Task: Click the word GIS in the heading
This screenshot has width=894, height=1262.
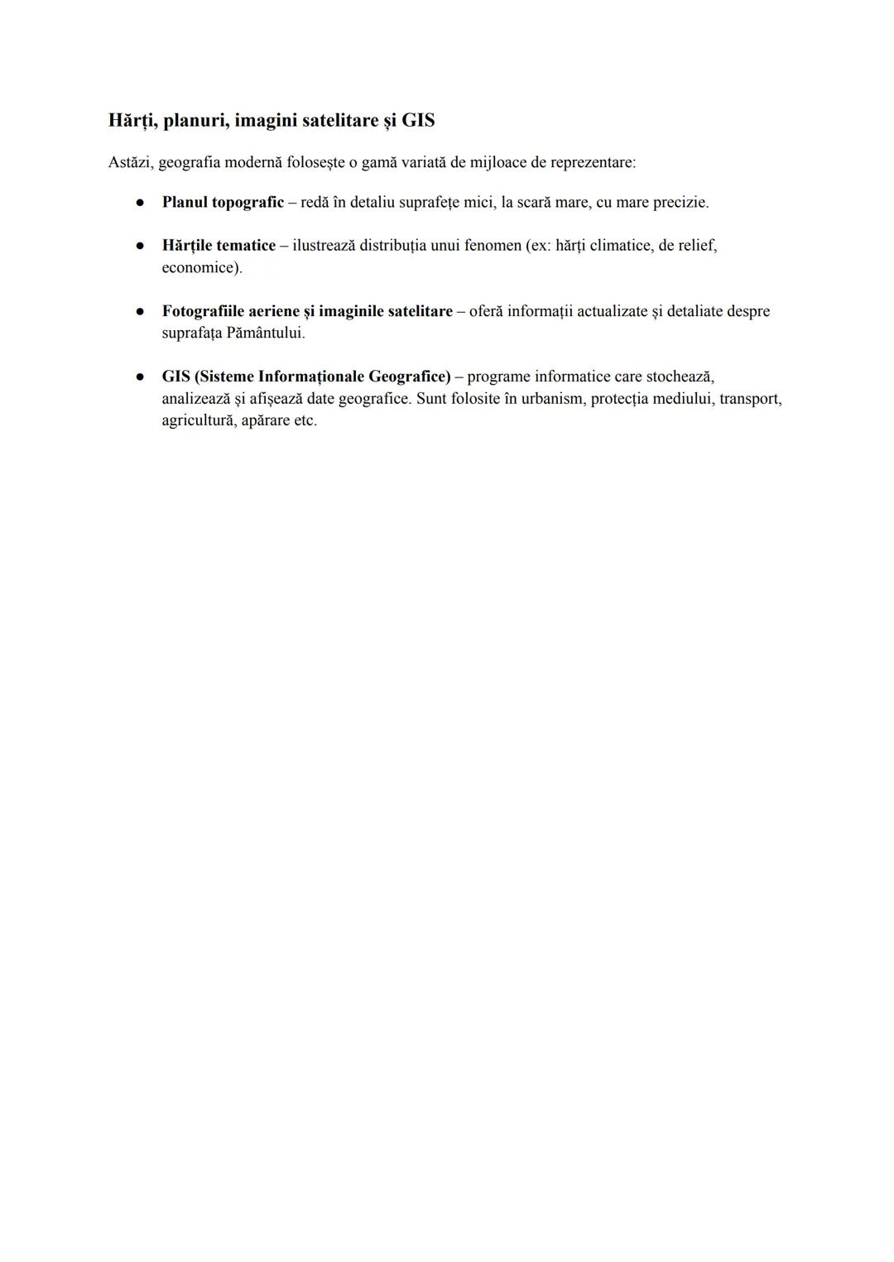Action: coord(418,121)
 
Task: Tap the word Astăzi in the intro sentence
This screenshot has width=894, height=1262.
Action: coord(130,162)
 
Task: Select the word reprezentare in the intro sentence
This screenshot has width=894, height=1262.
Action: coord(593,162)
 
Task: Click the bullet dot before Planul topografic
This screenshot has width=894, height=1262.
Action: coord(142,202)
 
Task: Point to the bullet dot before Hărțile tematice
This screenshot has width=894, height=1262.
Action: coord(142,246)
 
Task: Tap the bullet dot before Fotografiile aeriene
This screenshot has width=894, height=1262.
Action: coord(142,312)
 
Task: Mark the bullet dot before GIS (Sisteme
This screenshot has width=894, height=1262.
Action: coord(142,377)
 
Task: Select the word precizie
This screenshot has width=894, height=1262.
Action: coord(680,203)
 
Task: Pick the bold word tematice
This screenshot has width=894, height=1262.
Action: coord(245,246)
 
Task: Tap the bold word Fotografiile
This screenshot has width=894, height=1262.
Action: coord(203,312)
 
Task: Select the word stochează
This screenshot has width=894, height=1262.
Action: coord(680,377)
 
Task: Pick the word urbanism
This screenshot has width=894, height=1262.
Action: coord(552,399)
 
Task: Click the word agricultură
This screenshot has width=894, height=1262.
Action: coord(197,420)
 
